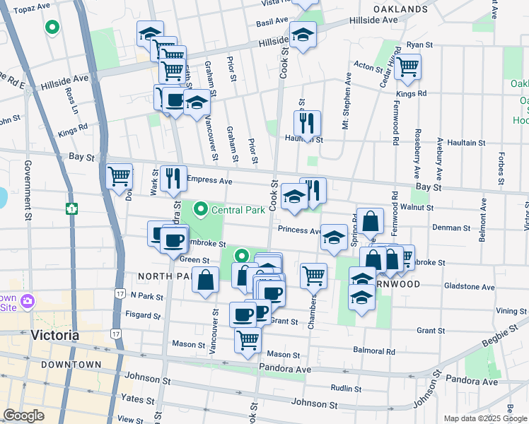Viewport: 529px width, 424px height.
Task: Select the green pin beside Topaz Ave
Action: (52, 28)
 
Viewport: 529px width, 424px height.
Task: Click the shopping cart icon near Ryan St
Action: (407, 67)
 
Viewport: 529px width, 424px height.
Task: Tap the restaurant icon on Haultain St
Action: (307, 124)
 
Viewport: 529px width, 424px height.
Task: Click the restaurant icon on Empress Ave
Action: (173, 179)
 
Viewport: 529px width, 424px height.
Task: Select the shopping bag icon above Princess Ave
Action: (370, 221)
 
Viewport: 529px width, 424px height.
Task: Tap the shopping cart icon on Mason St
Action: (248, 340)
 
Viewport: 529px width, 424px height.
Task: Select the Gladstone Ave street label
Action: (469, 286)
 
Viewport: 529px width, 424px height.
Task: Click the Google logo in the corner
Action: (23, 416)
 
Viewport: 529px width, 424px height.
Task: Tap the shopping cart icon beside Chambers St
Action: (313, 276)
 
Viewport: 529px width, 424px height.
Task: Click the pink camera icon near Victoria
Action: (28, 302)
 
